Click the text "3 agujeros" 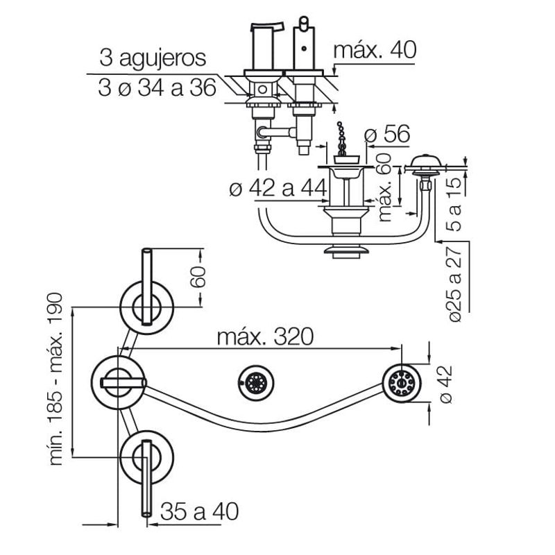[x=153, y=58]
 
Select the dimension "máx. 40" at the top [x=375, y=50]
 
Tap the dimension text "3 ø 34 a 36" [x=157, y=88]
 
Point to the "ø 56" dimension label [x=387, y=134]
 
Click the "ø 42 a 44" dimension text [x=278, y=188]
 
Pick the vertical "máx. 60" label [x=385, y=187]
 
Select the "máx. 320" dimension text [x=265, y=336]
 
